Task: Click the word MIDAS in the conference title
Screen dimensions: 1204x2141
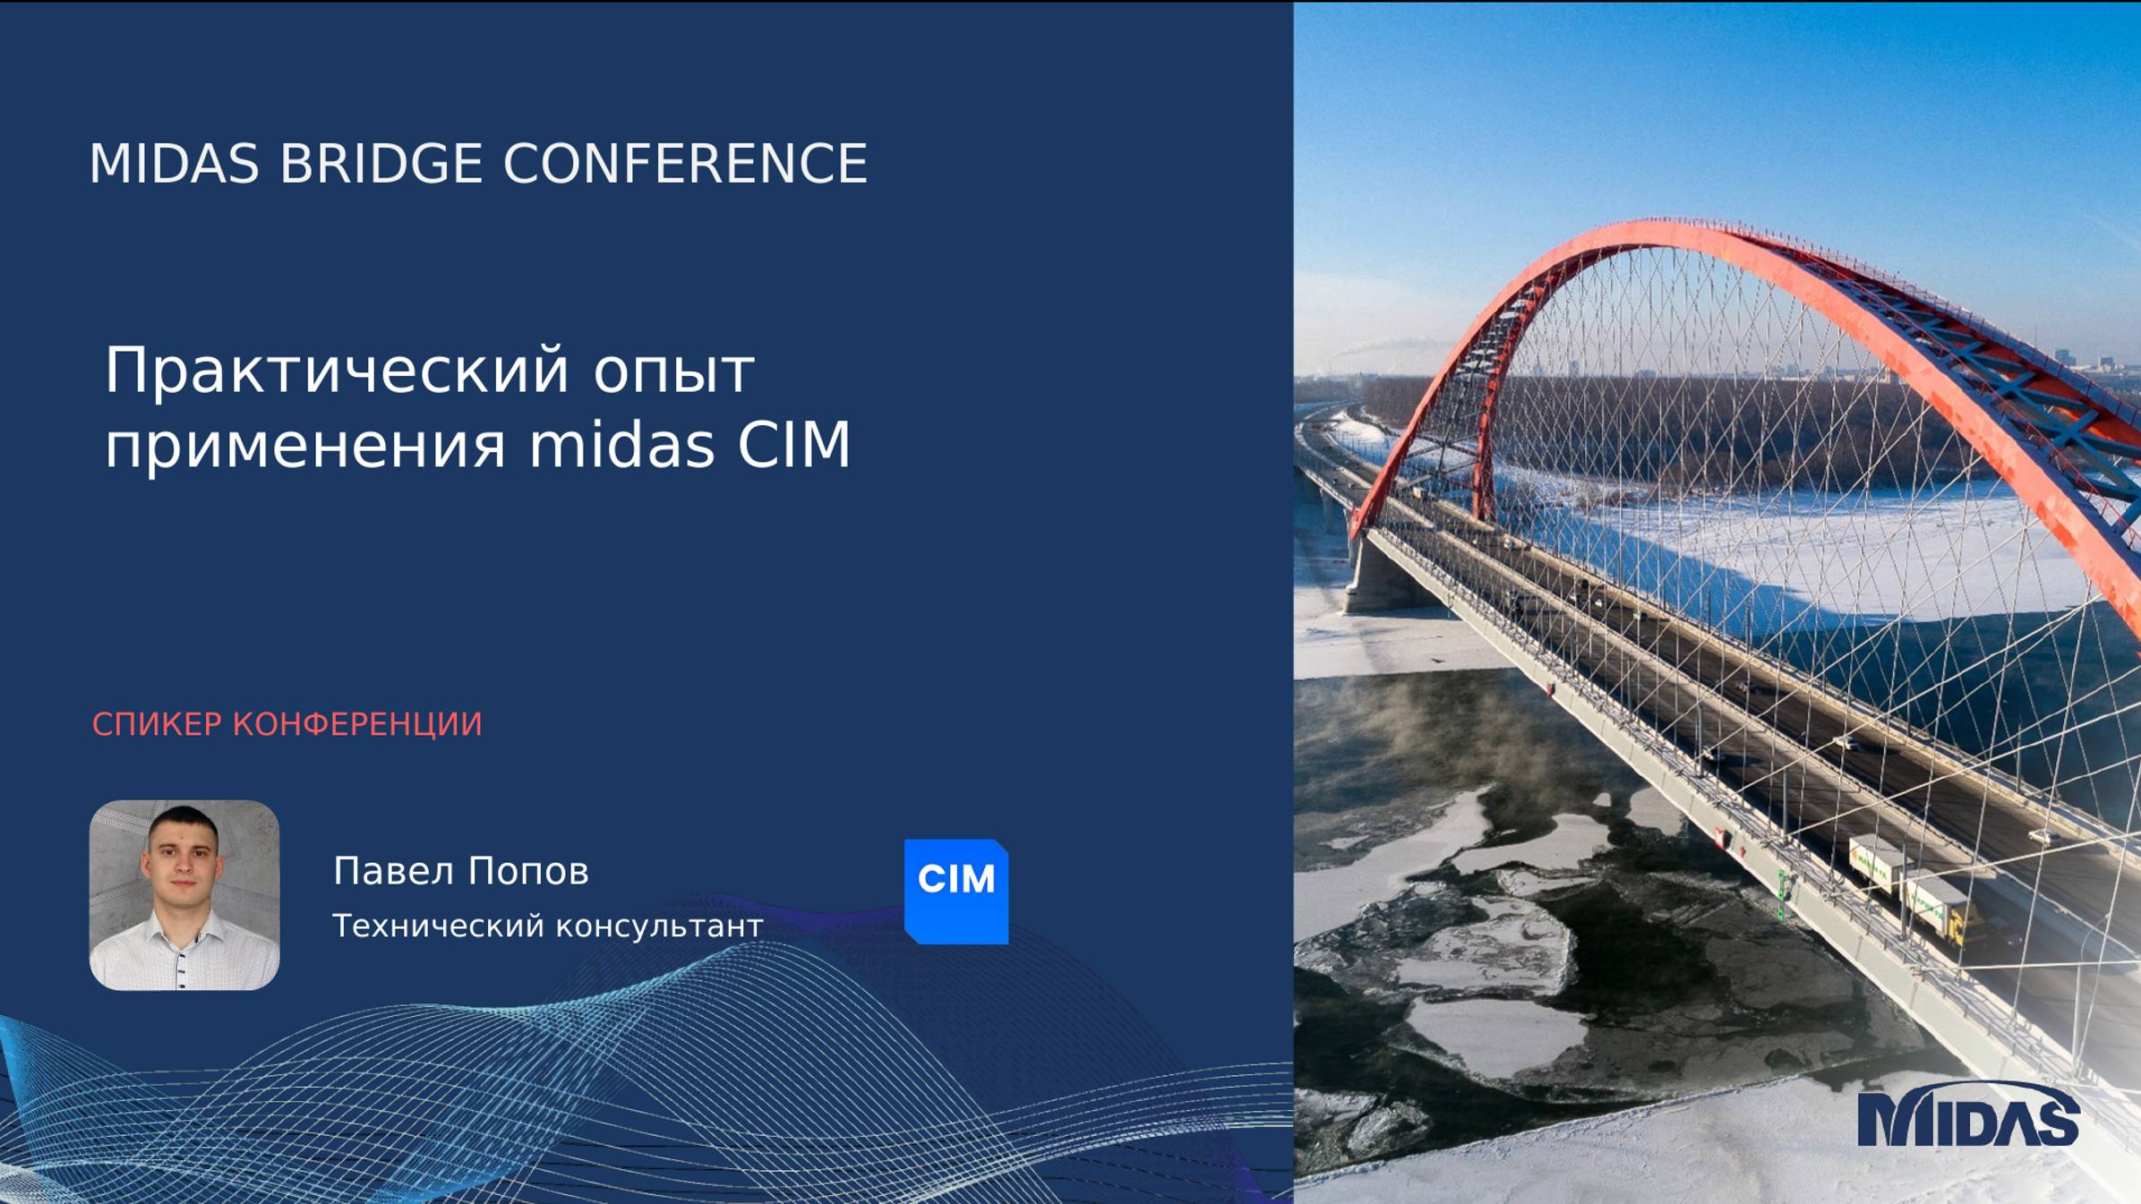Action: tap(174, 164)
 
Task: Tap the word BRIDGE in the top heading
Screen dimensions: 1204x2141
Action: tap(381, 164)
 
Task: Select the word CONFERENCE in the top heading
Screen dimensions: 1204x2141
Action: tap(685, 164)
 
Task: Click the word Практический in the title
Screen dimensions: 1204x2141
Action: tap(337, 371)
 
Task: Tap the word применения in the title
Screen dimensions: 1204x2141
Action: tap(305, 446)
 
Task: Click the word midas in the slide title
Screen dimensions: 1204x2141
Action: tap(621, 445)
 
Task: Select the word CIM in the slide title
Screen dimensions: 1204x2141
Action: tap(793, 445)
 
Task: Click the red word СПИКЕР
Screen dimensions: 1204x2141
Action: tap(157, 724)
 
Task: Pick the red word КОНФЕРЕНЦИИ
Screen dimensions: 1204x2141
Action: tap(357, 725)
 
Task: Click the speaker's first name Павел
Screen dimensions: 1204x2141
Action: tap(392, 871)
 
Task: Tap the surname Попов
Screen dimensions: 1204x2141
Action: tap(528, 871)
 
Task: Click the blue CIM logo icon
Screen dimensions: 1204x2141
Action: tap(956, 891)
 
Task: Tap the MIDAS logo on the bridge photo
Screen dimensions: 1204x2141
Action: tap(1967, 1117)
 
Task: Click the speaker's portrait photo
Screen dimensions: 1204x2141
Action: tap(184, 895)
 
